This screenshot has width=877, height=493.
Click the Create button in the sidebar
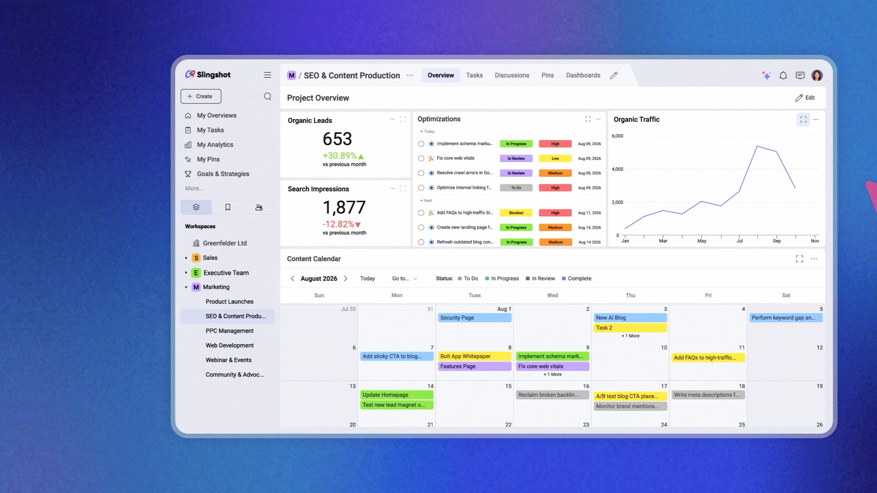click(201, 96)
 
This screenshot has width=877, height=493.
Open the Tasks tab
click(474, 75)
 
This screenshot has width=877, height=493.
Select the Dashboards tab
click(583, 75)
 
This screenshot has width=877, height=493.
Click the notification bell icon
click(783, 75)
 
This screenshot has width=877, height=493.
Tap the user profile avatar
click(817, 75)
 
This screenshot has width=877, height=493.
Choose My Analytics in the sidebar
click(215, 145)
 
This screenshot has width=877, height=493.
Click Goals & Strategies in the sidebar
click(223, 174)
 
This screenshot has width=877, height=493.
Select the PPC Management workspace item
click(229, 331)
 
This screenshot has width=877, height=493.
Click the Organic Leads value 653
click(337, 139)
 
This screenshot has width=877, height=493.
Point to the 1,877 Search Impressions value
click(344, 208)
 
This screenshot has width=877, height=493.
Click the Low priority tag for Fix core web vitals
click(555, 158)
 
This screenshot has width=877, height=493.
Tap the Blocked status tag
click(516, 213)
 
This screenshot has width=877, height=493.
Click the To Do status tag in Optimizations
click(516, 188)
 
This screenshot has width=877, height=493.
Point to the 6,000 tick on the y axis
click(617, 136)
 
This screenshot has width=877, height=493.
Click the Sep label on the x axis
click(777, 241)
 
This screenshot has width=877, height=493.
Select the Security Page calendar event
click(475, 318)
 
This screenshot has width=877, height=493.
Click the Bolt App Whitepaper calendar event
click(475, 357)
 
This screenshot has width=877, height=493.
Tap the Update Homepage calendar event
click(397, 395)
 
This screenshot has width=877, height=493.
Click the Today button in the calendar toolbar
click(367, 278)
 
